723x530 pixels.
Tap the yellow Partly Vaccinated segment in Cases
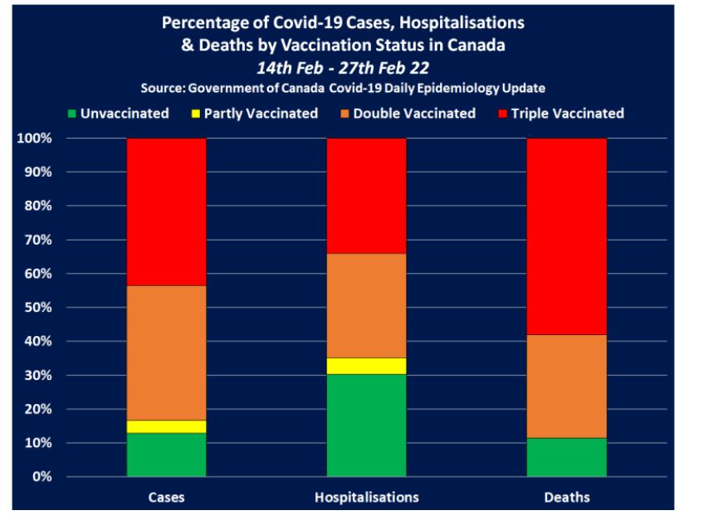point(166,426)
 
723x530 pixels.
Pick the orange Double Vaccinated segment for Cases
point(166,353)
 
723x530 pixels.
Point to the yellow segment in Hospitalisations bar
point(367,366)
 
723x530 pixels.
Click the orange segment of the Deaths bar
point(567,386)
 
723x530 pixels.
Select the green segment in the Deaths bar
point(567,457)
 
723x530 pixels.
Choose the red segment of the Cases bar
point(166,212)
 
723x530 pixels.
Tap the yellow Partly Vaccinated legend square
point(196,114)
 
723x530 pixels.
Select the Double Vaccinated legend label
point(414,114)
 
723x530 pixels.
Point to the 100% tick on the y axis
point(34,139)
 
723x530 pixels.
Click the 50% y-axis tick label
point(37,308)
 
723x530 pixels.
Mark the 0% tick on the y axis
point(41,478)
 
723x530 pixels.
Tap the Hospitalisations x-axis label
point(367,498)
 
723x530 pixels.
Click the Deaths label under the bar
point(567,498)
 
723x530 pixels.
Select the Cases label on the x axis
point(166,498)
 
